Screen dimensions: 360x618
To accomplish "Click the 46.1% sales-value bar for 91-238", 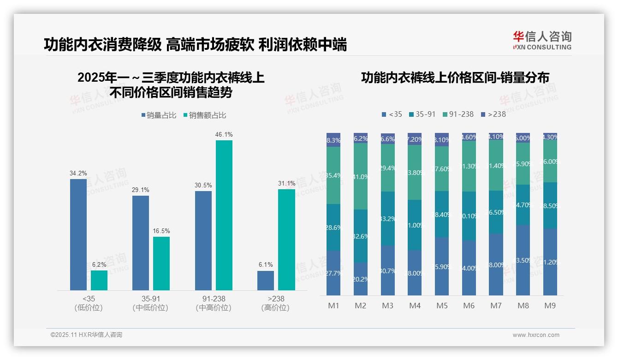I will click(224, 215).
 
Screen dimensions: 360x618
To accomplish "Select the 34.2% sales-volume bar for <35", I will click(78, 234).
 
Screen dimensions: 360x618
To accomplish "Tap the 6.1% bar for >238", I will click(266, 281).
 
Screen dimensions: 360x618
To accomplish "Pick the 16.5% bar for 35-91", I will click(161, 264).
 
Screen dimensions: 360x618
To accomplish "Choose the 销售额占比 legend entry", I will click(204, 115).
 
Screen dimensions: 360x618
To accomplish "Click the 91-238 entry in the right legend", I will click(458, 114).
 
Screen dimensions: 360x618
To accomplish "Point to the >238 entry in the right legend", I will click(493, 114).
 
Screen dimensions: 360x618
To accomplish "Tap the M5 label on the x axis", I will click(442, 306).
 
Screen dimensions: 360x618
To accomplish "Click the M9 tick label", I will click(550, 306).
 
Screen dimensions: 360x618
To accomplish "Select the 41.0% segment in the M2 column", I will click(361, 176).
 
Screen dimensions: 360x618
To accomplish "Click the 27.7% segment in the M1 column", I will click(333, 273).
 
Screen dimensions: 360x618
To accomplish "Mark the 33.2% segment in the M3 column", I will click(388, 218).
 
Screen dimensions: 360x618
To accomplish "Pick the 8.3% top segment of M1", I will click(333, 140).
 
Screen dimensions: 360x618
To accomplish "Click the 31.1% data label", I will click(286, 183).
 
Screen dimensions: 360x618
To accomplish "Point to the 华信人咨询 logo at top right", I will click(542, 40).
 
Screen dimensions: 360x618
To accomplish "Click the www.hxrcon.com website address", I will click(536, 335).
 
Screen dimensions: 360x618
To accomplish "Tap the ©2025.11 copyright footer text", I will click(86, 335).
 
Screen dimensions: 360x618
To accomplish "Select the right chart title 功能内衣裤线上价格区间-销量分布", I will click(455, 78).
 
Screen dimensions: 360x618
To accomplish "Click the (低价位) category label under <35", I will click(88, 308).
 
